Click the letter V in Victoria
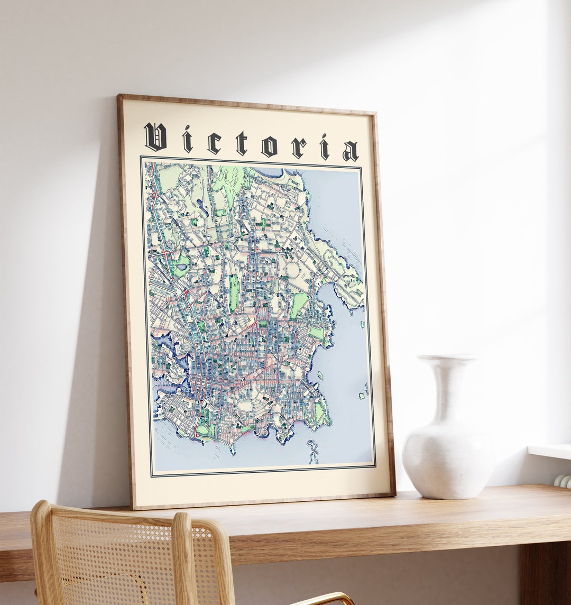[155, 137]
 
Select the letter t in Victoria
[242, 144]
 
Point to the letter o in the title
[269, 146]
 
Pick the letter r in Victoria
[298, 148]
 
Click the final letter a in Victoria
[350, 151]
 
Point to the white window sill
[550, 451]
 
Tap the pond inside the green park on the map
[182, 267]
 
